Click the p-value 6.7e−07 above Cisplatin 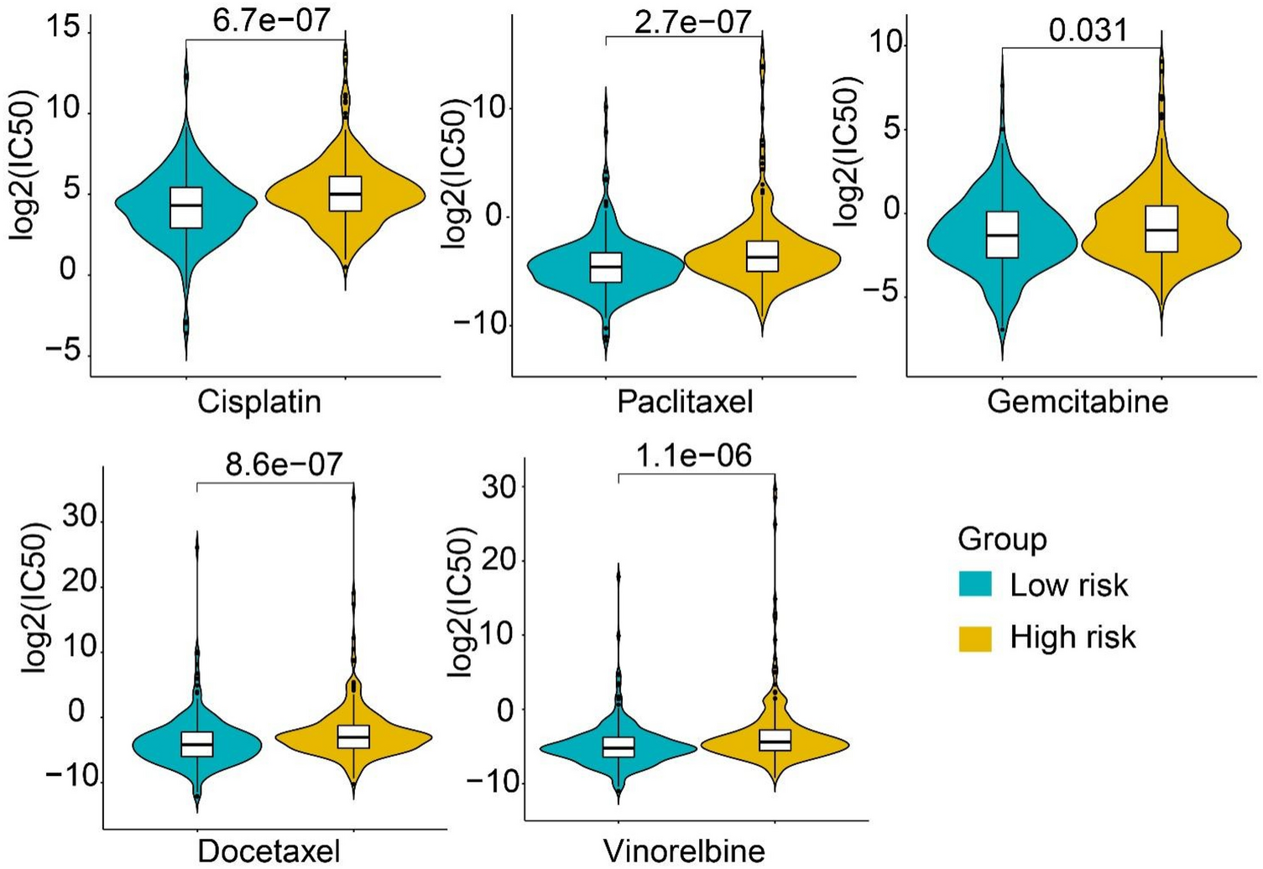(271, 20)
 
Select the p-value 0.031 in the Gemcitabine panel (1088, 30)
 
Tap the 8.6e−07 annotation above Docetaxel (284, 464)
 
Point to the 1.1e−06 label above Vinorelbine (693, 455)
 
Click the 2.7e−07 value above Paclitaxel (692, 21)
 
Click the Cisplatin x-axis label (259, 402)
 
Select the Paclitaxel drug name (685, 402)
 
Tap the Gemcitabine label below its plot (1078, 402)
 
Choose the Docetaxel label (269, 851)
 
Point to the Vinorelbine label (684, 851)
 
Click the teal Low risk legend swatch (974, 585)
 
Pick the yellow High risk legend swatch (974, 637)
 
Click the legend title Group (1002, 539)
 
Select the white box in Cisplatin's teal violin (186, 206)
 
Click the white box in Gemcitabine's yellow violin (1161, 228)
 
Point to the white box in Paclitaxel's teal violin (606, 267)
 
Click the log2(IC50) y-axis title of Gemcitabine (847, 151)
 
